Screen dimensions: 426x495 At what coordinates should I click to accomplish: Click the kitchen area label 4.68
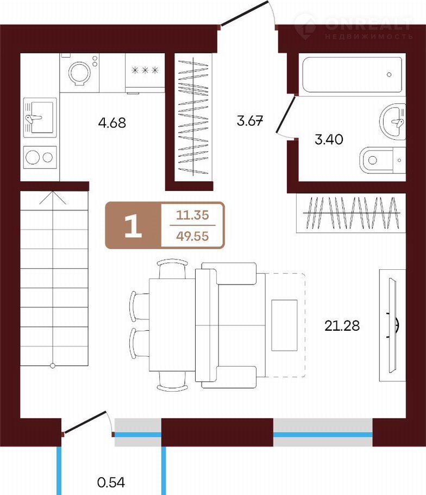coord(112,122)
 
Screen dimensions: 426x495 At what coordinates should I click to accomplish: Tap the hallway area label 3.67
coord(250,121)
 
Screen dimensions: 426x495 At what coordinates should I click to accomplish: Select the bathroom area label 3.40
coord(329,139)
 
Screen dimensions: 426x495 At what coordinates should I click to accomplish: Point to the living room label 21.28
coord(342,325)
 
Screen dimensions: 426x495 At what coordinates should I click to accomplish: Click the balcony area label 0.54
coord(111,482)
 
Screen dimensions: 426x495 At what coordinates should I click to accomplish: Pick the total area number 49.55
coord(192,236)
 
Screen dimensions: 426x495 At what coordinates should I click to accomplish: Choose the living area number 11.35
coord(192,215)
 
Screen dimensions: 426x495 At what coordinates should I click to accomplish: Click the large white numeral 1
coord(133,226)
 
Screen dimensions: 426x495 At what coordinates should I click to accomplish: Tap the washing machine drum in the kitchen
coord(79,73)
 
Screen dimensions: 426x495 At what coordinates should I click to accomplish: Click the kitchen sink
coord(40,117)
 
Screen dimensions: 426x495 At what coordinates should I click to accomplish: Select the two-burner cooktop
coord(40,157)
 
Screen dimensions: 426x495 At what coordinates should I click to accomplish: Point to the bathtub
coord(352,75)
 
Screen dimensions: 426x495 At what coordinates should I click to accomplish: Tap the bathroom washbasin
coord(392,121)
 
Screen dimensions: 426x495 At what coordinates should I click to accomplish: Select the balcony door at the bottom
coord(85,422)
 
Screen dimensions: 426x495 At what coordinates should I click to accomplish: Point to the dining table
coord(172,325)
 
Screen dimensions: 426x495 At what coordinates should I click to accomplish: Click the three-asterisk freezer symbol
coord(145,70)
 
